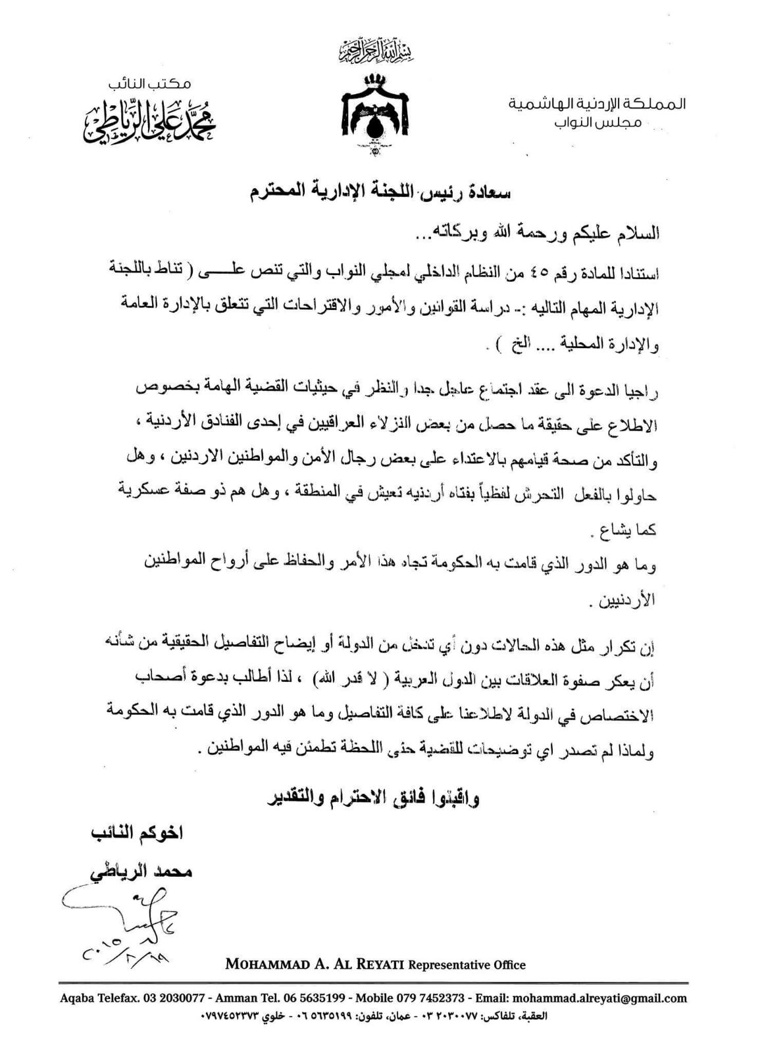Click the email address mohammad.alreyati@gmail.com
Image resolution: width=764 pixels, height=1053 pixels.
599,998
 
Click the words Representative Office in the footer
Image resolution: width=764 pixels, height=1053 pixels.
467,965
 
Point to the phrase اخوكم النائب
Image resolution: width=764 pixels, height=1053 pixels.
138,833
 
